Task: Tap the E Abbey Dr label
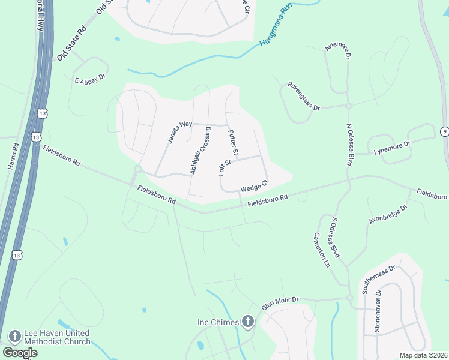point(90,78)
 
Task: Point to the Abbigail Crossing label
point(200,151)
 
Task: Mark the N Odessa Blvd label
point(349,145)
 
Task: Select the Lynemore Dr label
point(392,148)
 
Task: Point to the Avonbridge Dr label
point(388,214)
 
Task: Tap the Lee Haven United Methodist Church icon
point(14,336)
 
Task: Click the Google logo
point(20,353)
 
